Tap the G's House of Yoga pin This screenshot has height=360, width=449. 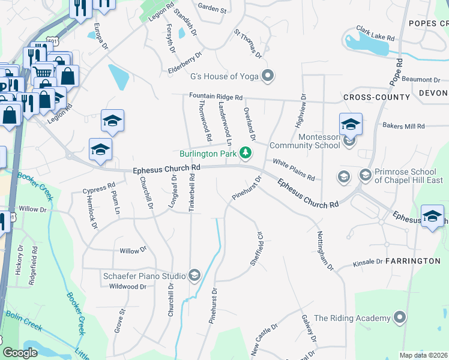[268, 75]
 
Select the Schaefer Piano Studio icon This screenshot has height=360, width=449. [194, 275]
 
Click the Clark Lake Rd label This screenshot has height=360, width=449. [375, 32]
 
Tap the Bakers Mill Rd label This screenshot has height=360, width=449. [403, 126]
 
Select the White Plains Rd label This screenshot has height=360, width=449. [294, 170]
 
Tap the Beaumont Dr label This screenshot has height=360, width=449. [421, 79]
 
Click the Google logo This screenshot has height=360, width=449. [20, 353]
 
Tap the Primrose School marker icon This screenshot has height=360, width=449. [365, 175]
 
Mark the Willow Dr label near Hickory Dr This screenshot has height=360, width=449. [32, 209]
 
